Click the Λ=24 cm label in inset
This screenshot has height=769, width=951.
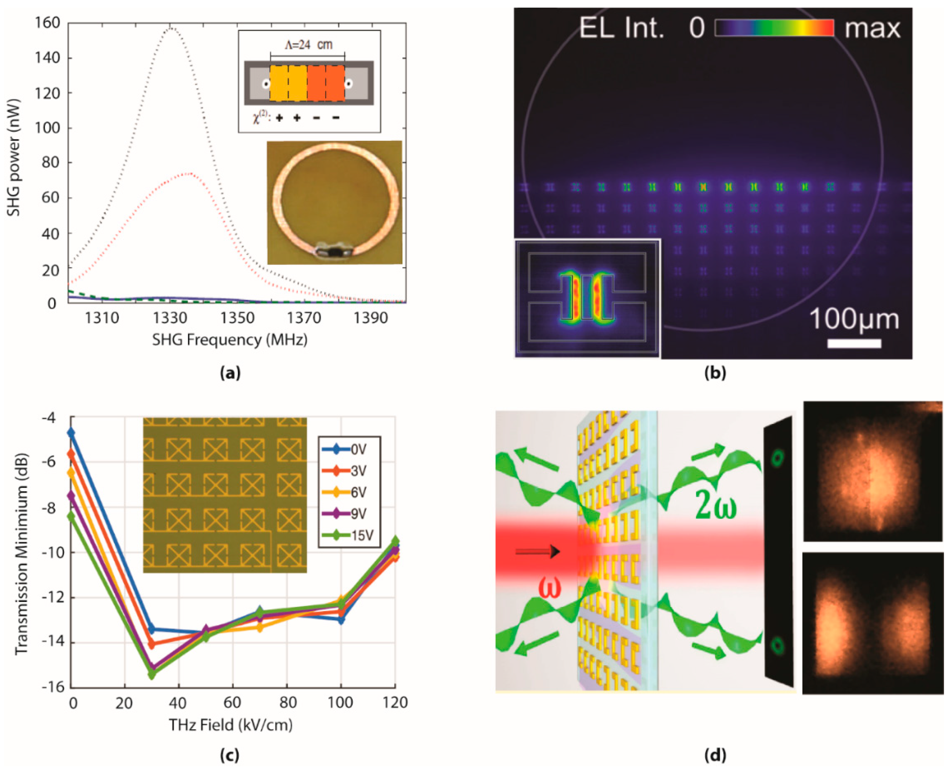308,45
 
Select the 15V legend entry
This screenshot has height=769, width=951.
351,535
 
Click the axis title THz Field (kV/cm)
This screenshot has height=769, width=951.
230,725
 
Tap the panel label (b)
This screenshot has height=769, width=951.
715,373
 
